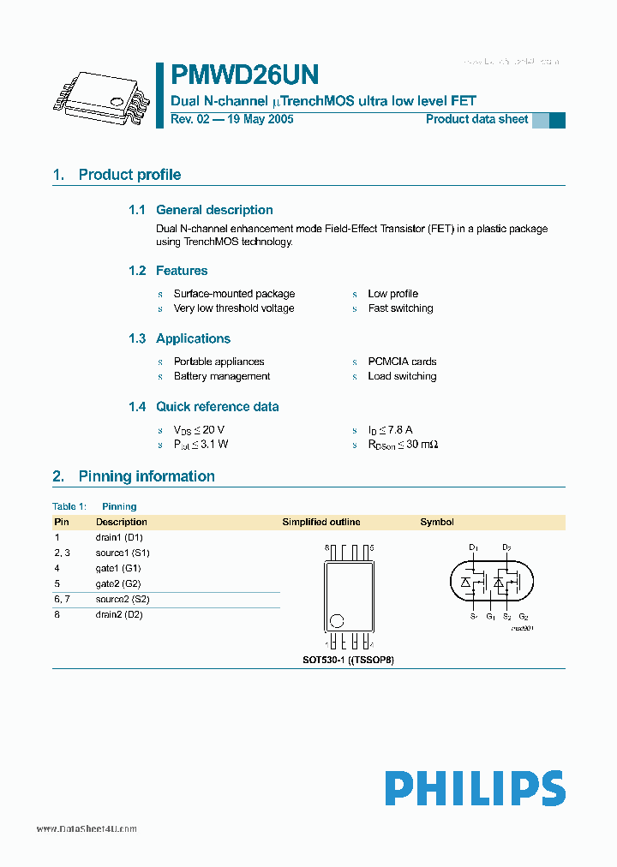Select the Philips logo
pyautogui.click(x=474, y=788)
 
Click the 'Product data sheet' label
pyautogui.click(x=476, y=119)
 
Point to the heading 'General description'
pyautogui.click(x=214, y=210)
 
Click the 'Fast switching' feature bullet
pyautogui.click(x=400, y=308)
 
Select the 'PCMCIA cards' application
pyautogui.click(x=402, y=362)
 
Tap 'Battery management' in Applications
pyautogui.click(x=222, y=376)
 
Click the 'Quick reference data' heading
pyautogui.click(x=217, y=407)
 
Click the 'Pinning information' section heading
pyautogui.click(x=147, y=476)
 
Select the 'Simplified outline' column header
pyautogui.click(x=321, y=522)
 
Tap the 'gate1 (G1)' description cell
pyautogui.click(x=118, y=568)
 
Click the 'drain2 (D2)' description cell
pyautogui.click(x=119, y=614)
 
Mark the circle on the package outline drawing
pyautogui.click(x=338, y=621)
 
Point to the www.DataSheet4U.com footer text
pyautogui.click(x=87, y=829)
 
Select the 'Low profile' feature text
pyautogui.click(x=392, y=294)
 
